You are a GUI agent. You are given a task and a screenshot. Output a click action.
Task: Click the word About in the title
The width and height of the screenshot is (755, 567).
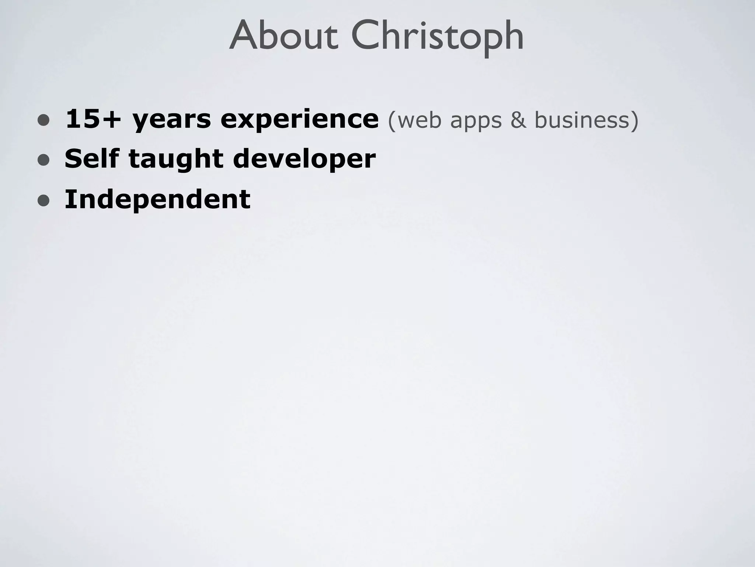(283, 36)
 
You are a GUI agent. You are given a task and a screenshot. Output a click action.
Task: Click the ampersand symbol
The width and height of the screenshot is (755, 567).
(518, 120)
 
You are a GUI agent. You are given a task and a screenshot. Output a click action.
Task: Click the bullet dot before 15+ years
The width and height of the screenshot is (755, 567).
(44, 120)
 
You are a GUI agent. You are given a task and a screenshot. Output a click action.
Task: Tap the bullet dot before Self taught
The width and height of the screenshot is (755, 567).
(44, 160)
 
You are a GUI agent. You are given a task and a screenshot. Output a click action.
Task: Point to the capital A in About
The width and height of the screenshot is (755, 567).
(243, 36)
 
